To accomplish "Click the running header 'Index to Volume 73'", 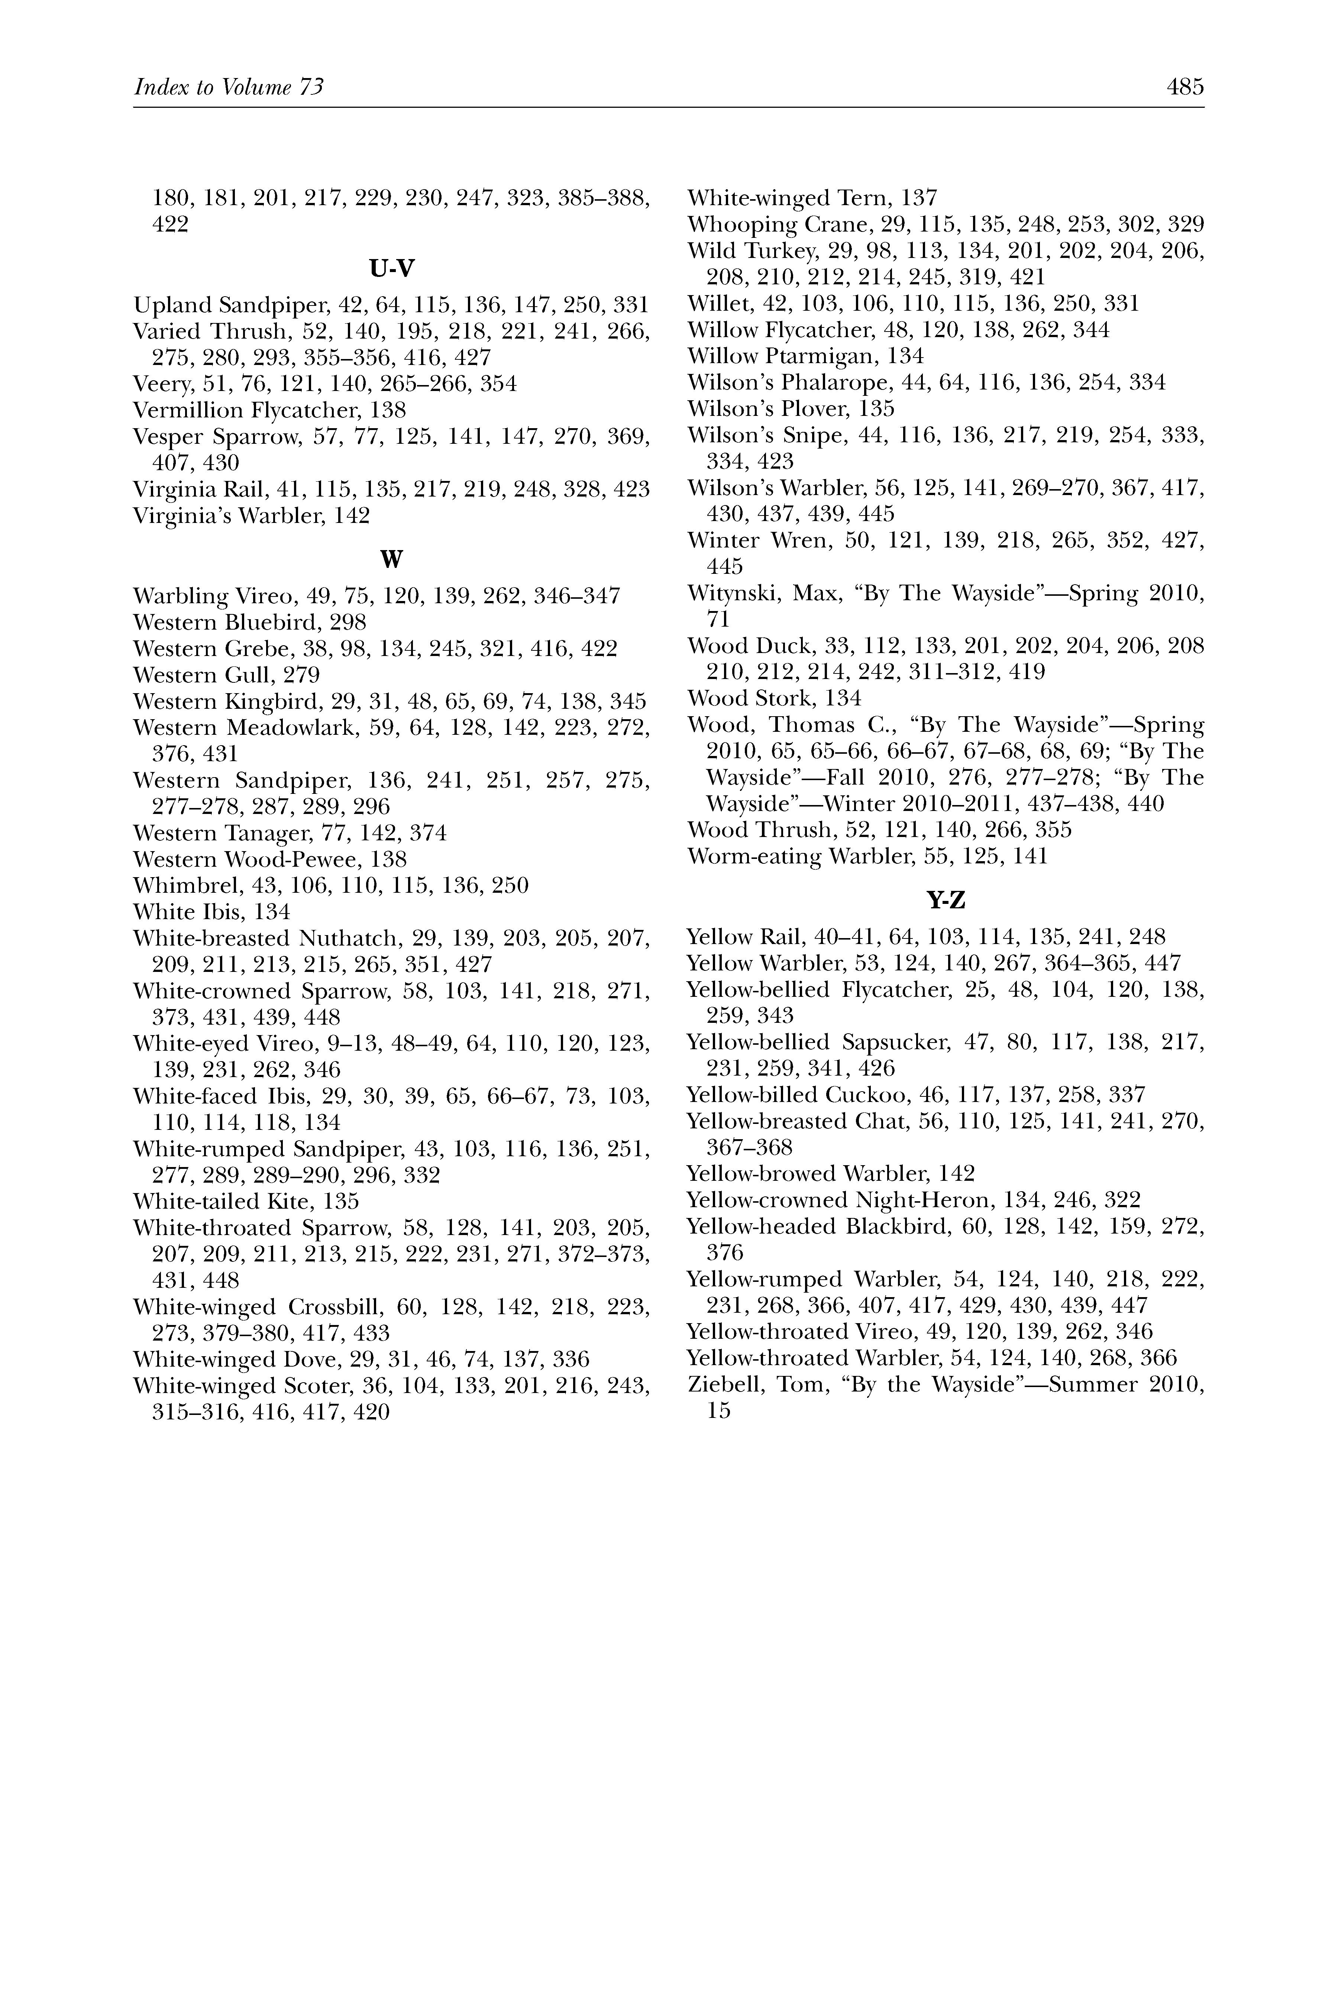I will click(229, 87).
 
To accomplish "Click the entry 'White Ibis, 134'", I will click(211, 911).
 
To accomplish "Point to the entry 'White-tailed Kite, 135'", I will click(246, 1202).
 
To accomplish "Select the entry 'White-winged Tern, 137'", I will click(811, 199).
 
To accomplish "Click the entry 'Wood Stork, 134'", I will click(774, 698).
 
